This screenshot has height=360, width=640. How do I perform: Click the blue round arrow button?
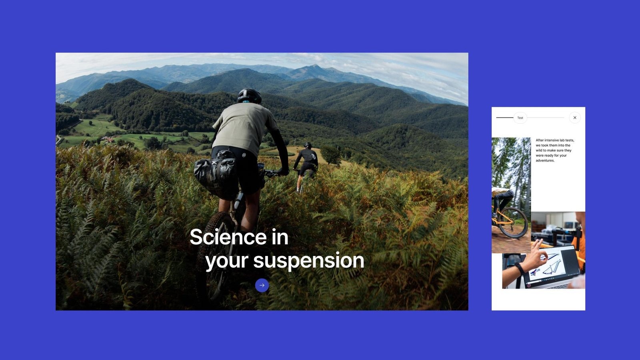coord(262,285)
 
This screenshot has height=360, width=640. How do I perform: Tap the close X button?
coord(575,118)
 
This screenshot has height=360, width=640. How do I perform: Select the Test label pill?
coord(520,118)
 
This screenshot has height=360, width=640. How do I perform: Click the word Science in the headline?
coord(228,237)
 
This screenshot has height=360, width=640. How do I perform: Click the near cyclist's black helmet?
coord(249,96)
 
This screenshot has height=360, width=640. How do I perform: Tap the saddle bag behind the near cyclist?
coord(216,172)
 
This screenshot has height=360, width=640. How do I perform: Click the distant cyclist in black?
coord(306,166)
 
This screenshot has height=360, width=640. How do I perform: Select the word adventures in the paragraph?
coord(545,160)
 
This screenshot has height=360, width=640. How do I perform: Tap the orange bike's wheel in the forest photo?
coord(514,223)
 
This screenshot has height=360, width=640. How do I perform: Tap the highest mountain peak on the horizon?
coord(315,65)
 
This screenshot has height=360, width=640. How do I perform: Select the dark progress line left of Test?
coord(505,118)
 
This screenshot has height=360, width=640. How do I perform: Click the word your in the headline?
coord(227,262)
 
